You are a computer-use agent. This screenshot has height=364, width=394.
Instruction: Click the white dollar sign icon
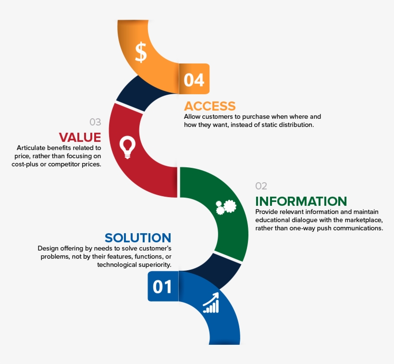point(141,52)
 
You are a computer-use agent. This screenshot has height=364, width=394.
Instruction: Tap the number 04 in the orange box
point(194,80)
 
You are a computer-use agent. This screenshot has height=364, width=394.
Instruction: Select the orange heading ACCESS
point(210,106)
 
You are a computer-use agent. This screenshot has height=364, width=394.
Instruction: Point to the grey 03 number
point(95,122)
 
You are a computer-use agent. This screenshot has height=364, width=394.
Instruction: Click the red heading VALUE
point(80,137)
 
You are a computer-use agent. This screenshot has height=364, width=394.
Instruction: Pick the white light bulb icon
point(127,147)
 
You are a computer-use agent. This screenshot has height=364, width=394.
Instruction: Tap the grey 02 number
point(261,186)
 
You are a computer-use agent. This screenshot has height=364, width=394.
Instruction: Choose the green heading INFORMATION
point(301,201)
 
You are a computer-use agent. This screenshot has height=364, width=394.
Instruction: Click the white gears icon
point(226,207)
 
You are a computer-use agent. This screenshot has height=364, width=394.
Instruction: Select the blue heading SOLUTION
point(138,238)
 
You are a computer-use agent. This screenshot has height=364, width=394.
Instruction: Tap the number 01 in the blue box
point(162,287)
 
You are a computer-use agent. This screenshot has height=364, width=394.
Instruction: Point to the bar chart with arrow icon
point(211,302)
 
